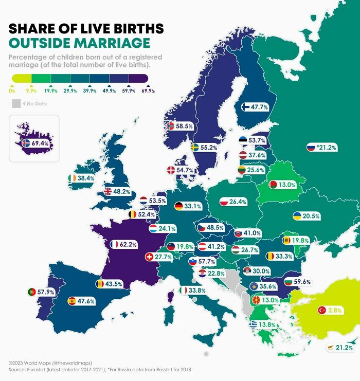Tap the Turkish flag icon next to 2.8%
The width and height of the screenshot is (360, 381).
coord(322,310)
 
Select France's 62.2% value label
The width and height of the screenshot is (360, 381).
coord(128,245)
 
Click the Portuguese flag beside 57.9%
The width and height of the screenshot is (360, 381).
coord(32,292)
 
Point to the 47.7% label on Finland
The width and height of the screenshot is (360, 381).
coord(259,107)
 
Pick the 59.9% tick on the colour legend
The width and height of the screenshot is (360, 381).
coord(129,90)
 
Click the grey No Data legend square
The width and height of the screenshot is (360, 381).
coord(16,104)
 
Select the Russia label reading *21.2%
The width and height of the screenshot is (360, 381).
coord(326,148)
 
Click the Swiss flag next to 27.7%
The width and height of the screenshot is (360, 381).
coord(150,256)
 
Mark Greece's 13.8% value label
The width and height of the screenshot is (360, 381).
coord(266,325)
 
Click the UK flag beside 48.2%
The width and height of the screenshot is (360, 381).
coord(108,191)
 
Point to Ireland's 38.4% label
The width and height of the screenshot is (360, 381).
coord(86,178)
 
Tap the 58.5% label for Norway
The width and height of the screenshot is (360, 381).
coord(184,125)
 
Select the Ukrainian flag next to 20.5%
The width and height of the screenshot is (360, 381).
coord(297,216)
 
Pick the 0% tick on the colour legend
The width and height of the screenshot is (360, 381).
coord(12,90)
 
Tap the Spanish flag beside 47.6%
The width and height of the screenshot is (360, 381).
coord(72,301)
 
